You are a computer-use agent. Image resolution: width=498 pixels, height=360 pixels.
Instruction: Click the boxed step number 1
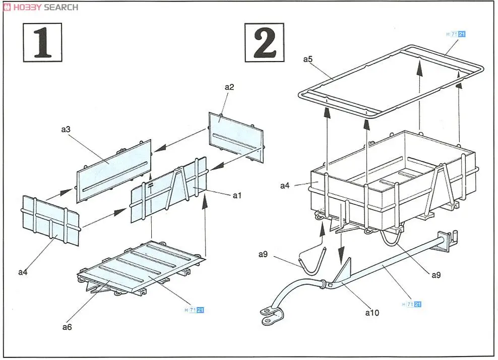coord(42,42)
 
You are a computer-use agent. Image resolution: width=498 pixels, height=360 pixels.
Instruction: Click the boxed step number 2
coord(264,42)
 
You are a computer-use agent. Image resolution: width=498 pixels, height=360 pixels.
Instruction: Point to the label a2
coord(229,87)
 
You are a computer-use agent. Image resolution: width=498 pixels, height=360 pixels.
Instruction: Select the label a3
coord(66,130)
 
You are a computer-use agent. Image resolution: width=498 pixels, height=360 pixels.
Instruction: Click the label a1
coord(237,196)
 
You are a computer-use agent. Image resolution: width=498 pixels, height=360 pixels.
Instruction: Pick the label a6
coord(67,327)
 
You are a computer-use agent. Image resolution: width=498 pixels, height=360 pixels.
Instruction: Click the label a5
coord(308,59)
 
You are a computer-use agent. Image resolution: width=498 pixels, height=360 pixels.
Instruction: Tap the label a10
coord(371,313)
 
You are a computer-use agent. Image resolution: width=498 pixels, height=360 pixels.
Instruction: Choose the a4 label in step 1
coord(23,272)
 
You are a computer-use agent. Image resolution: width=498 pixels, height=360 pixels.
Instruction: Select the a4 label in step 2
coord(285,186)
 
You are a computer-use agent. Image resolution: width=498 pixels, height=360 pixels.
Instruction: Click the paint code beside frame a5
coord(456,34)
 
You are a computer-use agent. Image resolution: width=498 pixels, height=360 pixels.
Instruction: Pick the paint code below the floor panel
coord(195,310)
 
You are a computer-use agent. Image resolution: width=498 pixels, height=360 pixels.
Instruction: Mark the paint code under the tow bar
coord(412,304)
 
